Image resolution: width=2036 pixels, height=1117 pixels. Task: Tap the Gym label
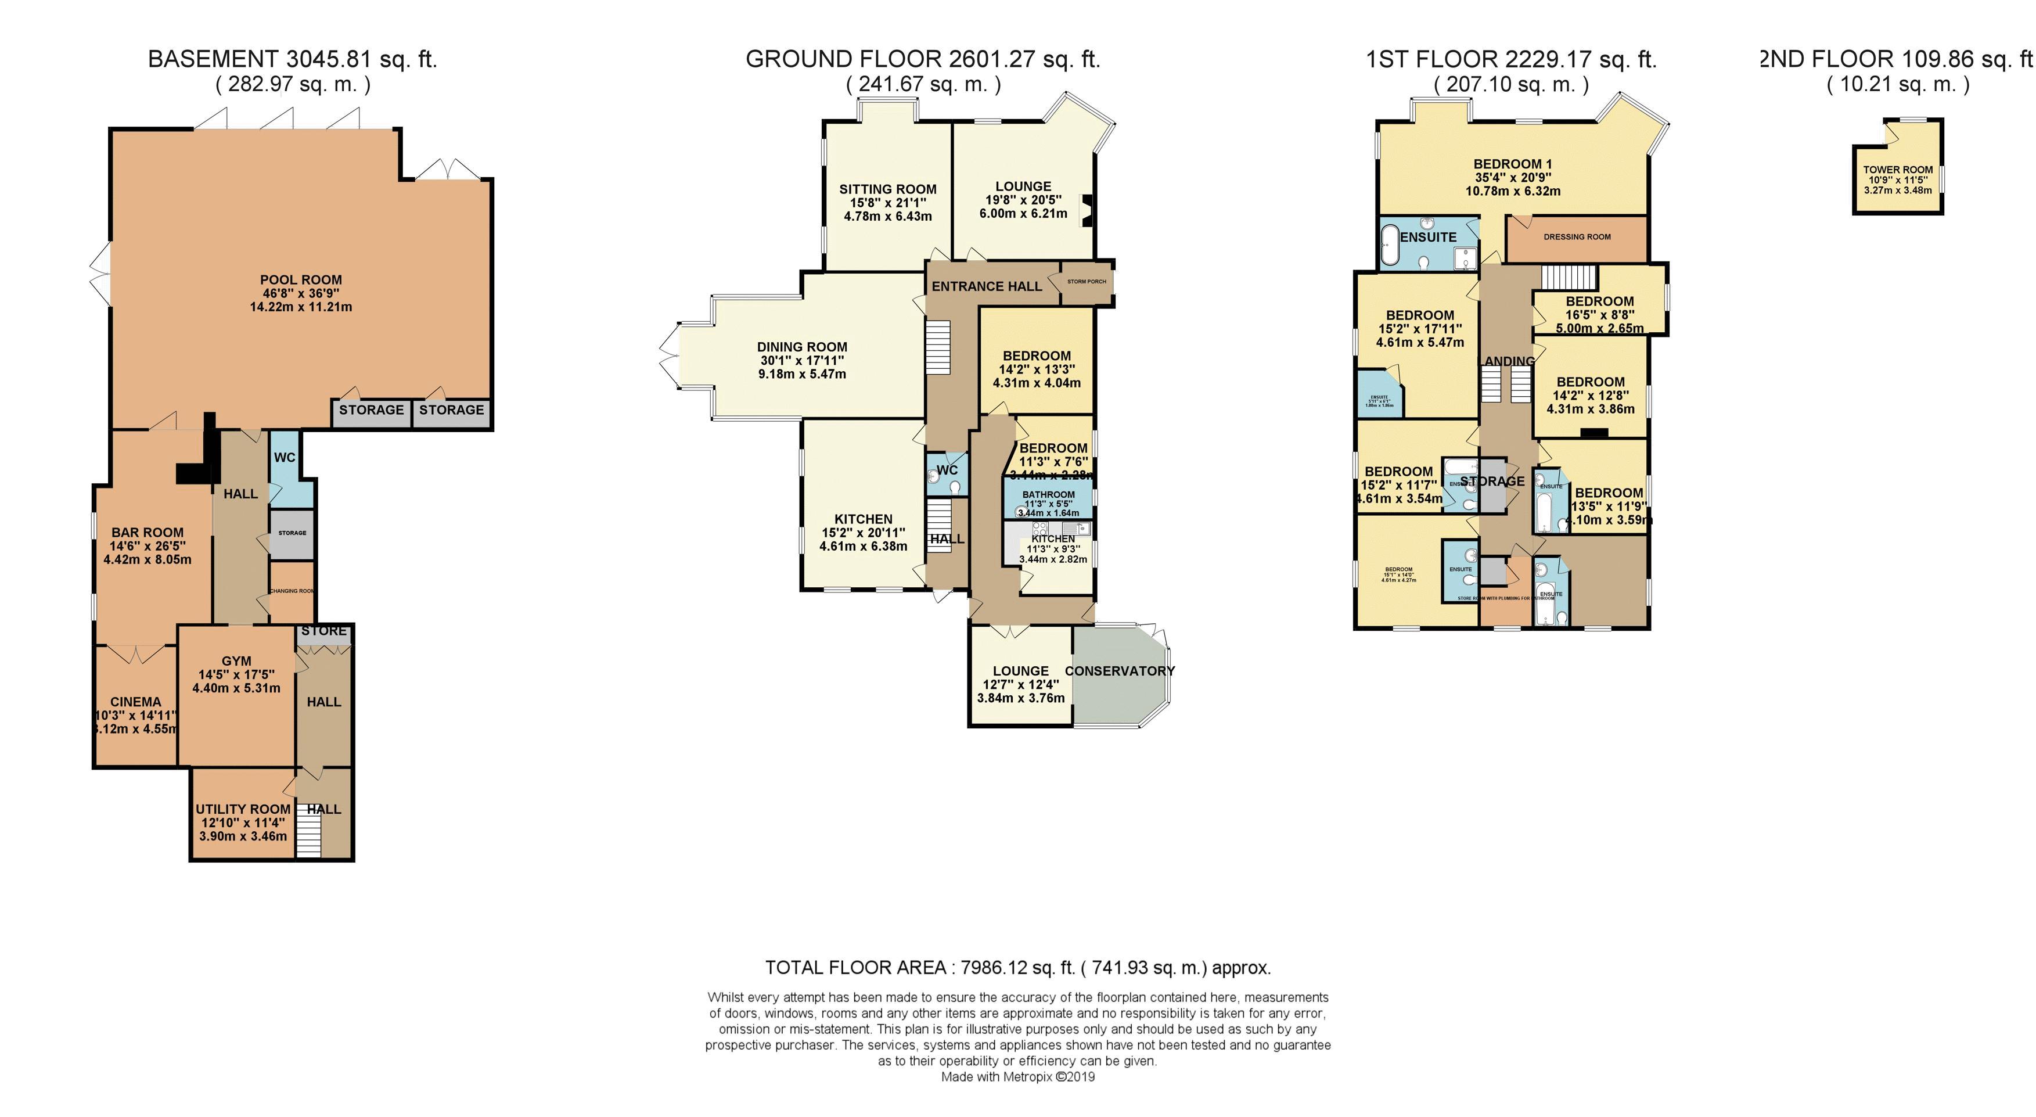(236, 661)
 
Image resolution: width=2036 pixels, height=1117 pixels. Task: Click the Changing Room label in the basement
(292, 591)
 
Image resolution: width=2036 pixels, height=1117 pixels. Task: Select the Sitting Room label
(887, 189)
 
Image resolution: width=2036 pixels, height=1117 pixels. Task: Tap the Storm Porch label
(1086, 281)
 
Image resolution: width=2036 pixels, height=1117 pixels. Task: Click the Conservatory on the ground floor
(1119, 671)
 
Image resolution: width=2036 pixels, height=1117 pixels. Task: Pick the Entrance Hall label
(987, 286)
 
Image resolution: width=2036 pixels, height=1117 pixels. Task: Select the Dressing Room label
(1577, 237)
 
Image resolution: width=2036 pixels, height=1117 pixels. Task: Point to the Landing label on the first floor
(1508, 361)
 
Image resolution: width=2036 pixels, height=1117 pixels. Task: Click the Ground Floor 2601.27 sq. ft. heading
(922, 59)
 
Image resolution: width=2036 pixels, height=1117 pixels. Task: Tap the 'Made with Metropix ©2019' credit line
(1017, 1077)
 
